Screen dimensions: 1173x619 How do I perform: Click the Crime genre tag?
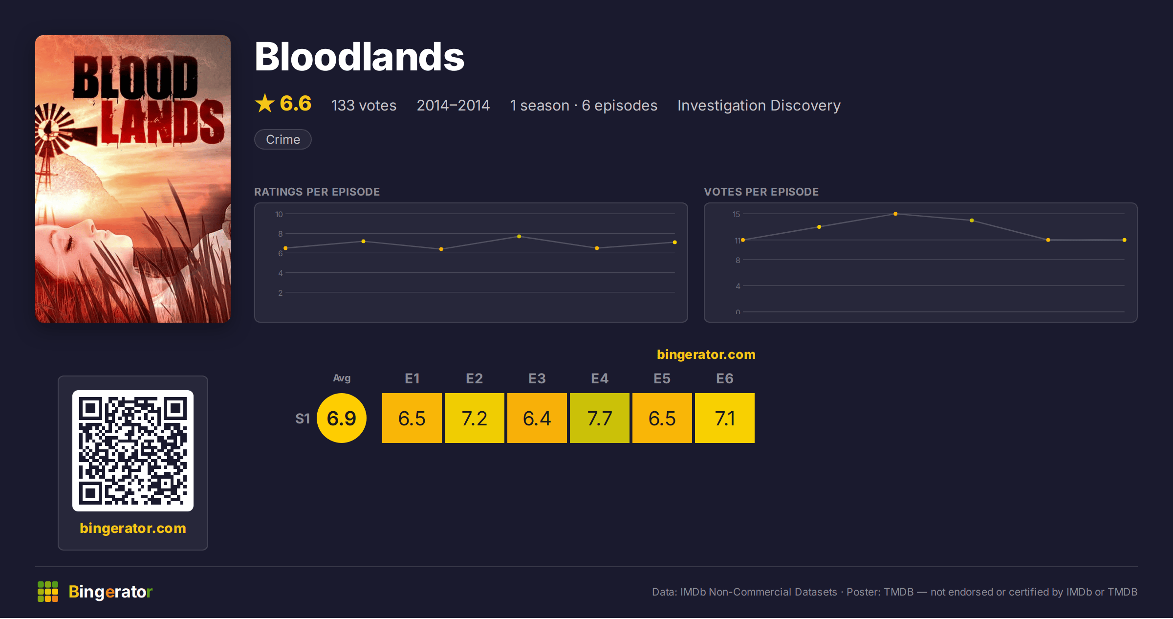(x=283, y=139)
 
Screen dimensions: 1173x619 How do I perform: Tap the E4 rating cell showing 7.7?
(x=600, y=418)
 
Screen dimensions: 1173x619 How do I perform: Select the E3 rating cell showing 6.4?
(x=537, y=418)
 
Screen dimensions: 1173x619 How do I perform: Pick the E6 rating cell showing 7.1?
(x=725, y=418)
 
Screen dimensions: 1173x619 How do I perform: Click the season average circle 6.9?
(x=342, y=418)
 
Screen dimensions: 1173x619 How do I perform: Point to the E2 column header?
(x=474, y=378)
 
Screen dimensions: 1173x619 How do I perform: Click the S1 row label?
(x=303, y=419)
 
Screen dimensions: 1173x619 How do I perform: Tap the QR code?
(x=133, y=451)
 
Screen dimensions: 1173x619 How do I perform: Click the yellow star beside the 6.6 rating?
(x=265, y=103)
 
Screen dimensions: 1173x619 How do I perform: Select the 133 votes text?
(x=364, y=105)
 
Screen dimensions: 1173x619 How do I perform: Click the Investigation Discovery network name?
(x=759, y=105)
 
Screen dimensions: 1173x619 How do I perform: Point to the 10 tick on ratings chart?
(x=279, y=214)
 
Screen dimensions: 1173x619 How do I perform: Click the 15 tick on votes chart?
(x=737, y=214)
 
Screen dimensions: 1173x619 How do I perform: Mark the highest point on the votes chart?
(x=895, y=214)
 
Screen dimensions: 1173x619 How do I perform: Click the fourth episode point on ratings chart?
(x=519, y=237)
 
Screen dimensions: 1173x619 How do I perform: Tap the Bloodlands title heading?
(x=359, y=57)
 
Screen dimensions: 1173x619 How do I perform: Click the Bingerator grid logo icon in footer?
(x=48, y=592)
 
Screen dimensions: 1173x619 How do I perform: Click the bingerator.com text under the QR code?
(x=133, y=528)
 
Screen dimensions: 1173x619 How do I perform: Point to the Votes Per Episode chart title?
(x=761, y=192)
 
